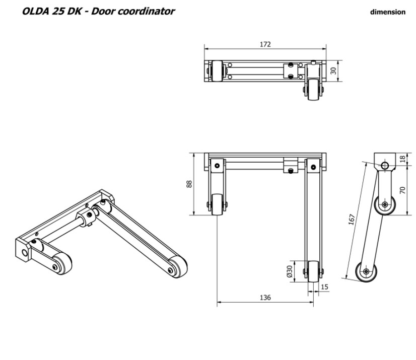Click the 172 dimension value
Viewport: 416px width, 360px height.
tap(265, 44)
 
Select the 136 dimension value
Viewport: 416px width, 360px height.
tap(265, 298)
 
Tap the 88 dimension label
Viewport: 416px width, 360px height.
tap(189, 184)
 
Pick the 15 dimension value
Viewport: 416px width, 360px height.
tap(324, 286)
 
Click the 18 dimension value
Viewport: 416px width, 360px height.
tap(402, 158)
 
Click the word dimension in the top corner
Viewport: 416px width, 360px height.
tap(387, 12)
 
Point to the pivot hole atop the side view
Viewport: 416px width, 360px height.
tap(385, 165)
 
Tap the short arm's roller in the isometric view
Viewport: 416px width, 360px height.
tap(62, 262)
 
